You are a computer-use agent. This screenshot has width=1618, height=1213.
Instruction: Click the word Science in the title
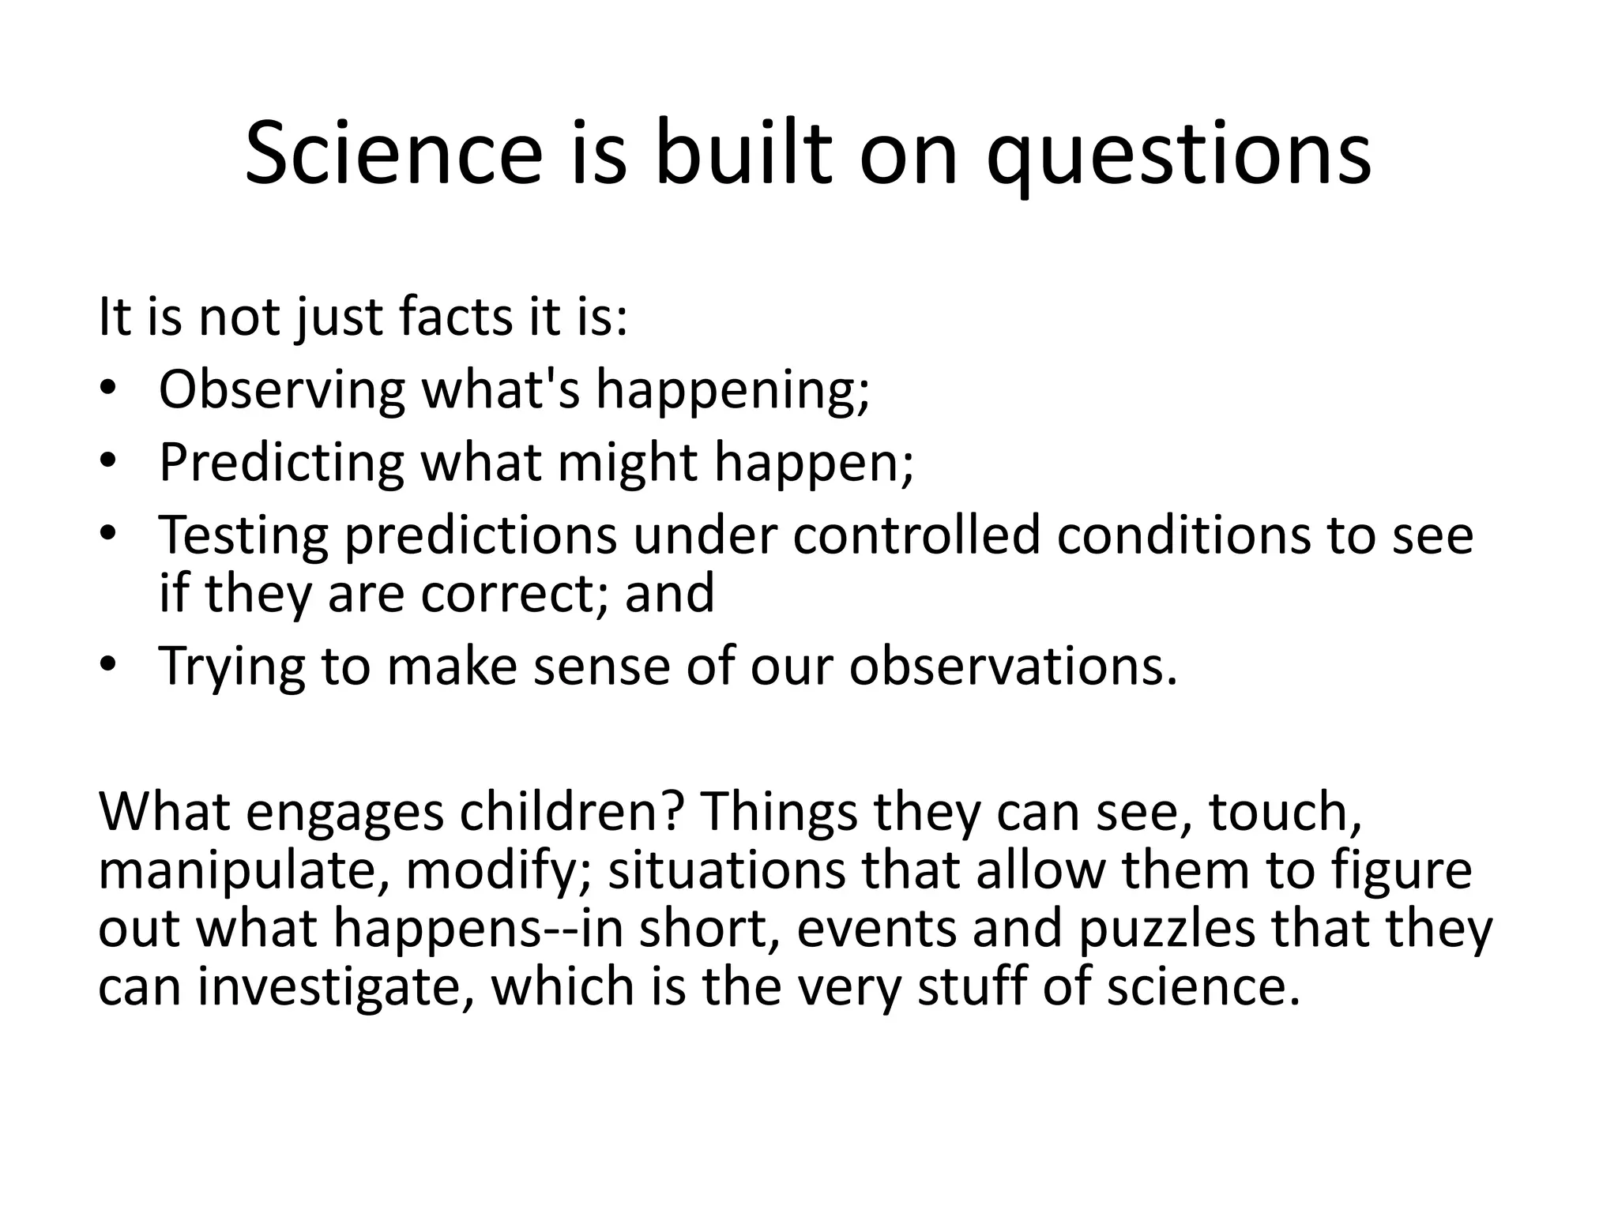[x=393, y=154]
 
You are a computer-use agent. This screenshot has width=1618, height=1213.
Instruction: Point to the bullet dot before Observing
[x=108, y=389]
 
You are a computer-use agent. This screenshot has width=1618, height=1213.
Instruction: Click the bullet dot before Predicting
[x=108, y=461]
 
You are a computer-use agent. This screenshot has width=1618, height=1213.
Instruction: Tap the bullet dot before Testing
[x=108, y=534]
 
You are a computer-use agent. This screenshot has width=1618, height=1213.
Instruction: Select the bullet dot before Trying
[x=108, y=666]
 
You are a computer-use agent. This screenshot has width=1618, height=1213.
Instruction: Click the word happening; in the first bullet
[x=732, y=389]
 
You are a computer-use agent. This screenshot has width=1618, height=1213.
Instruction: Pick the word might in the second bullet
[x=627, y=462]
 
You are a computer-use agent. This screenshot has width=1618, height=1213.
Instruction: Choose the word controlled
[x=916, y=535]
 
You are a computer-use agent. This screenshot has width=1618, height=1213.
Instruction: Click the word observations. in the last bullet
[x=1013, y=666]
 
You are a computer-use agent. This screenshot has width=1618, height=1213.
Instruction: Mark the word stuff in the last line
[x=971, y=987]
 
